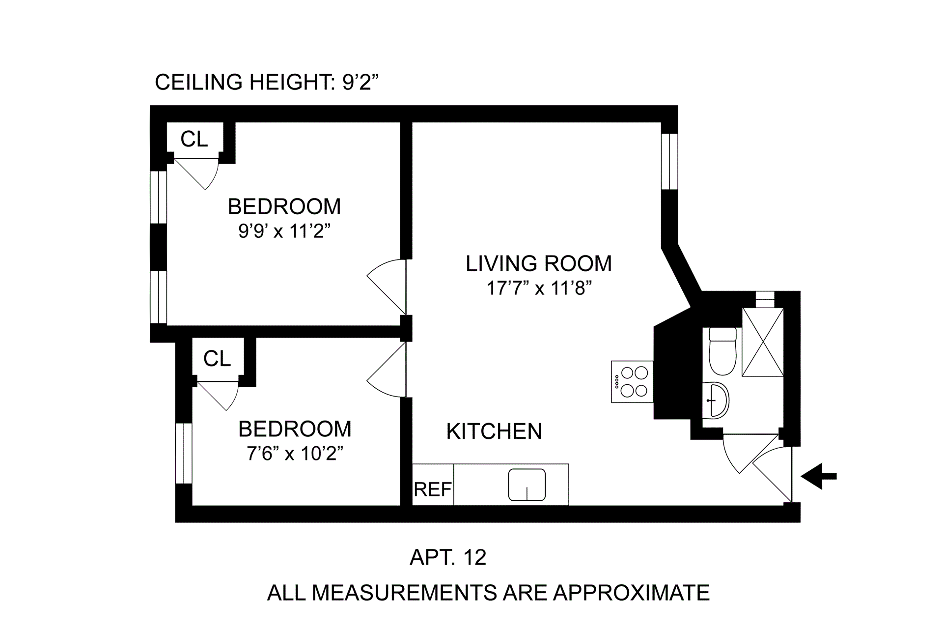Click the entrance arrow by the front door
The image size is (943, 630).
click(818, 476)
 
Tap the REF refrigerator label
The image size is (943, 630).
click(433, 489)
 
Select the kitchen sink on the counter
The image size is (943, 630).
click(527, 485)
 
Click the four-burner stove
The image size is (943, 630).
click(633, 382)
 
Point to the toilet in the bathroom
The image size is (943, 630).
click(722, 351)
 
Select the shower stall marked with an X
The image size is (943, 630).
click(763, 342)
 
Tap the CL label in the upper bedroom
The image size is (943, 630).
click(194, 139)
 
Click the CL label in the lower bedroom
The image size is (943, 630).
click(217, 359)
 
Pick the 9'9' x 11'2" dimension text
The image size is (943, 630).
click(284, 230)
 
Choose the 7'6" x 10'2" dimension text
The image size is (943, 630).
click(295, 453)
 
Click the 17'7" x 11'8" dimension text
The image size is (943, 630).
click(539, 287)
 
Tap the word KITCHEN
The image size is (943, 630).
click(494, 431)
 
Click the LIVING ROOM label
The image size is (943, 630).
click(539, 263)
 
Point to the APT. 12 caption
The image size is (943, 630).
click(448, 557)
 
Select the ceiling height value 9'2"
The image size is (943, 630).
click(361, 82)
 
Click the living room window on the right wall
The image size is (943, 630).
click(669, 161)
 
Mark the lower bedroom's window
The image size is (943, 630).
click(184, 453)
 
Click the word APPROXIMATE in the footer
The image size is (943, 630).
click(632, 593)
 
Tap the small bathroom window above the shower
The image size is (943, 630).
click(765, 299)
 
